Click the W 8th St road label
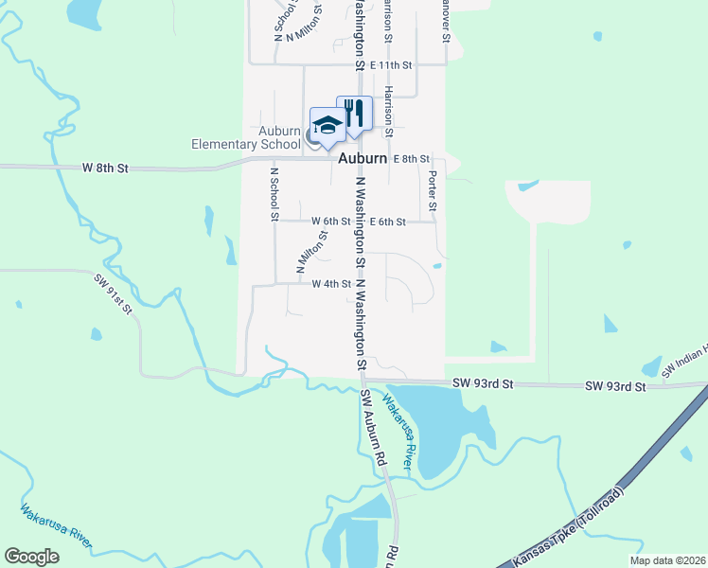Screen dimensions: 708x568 coord(104,168)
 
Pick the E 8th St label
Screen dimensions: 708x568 coord(412,158)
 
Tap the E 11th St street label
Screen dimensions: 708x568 coord(392,64)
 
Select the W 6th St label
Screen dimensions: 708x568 coord(331,222)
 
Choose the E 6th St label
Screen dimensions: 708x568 coord(388,222)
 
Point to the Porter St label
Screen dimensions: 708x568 coord(432,192)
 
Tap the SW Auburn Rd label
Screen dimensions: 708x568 coord(372,431)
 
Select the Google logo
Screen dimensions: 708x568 coord(32,557)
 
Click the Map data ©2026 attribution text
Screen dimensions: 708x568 coord(666,560)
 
